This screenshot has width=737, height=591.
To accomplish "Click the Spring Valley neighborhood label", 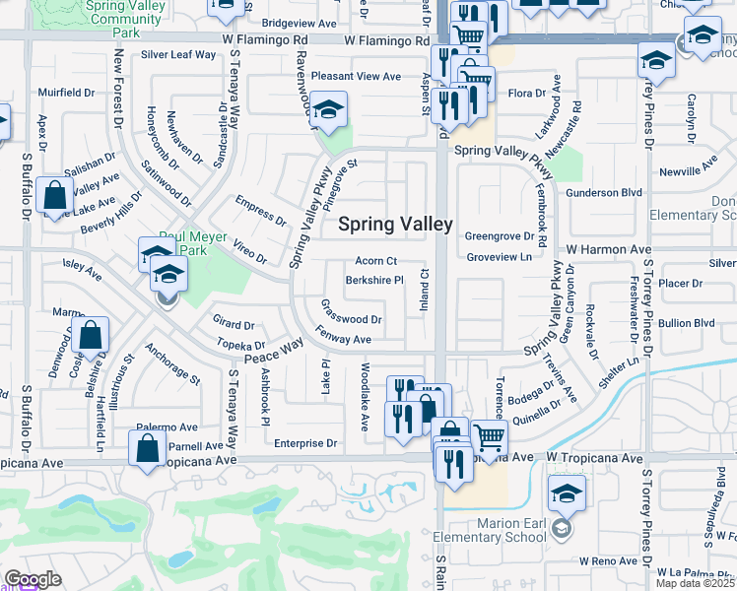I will click(x=395, y=225).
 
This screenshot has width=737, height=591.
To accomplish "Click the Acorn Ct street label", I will click(x=376, y=262).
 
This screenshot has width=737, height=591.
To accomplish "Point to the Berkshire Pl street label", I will click(x=374, y=281).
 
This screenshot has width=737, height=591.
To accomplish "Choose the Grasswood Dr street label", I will click(x=352, y=319).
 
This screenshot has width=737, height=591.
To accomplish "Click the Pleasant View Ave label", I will click(x=356, y=77).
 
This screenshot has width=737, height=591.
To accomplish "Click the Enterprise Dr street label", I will click(x=305, y=444).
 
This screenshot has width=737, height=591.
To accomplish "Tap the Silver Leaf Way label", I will click(x=178, y=55).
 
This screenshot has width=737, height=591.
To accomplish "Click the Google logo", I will click(x=33, y=579).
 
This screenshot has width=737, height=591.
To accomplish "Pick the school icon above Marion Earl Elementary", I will click(x=567, y=492).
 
